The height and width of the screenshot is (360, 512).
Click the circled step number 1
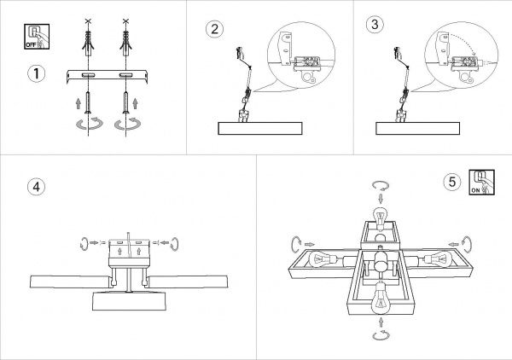point(36,73)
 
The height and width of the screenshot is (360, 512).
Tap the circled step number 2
point(214,29)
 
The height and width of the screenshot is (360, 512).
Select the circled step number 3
point(375,24)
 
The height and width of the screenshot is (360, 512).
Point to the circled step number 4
point(36,187)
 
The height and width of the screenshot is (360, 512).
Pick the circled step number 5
point(452,182)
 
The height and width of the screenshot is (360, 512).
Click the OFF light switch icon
point(37,37)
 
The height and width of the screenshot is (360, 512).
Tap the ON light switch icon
point(481,183)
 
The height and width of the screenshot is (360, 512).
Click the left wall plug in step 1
point(88,44)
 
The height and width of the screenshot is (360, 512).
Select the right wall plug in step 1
point(125,44)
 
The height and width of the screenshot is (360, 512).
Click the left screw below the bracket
point(88,103)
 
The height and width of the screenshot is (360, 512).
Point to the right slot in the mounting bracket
point(125,75)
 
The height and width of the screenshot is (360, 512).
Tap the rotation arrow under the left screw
point(89,124)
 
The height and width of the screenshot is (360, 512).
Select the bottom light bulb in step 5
point(381,298)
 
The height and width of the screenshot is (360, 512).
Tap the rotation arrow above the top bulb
point(381,186)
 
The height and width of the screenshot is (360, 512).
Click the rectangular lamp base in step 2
point(260,129)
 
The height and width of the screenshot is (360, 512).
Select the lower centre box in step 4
point(129,301)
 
